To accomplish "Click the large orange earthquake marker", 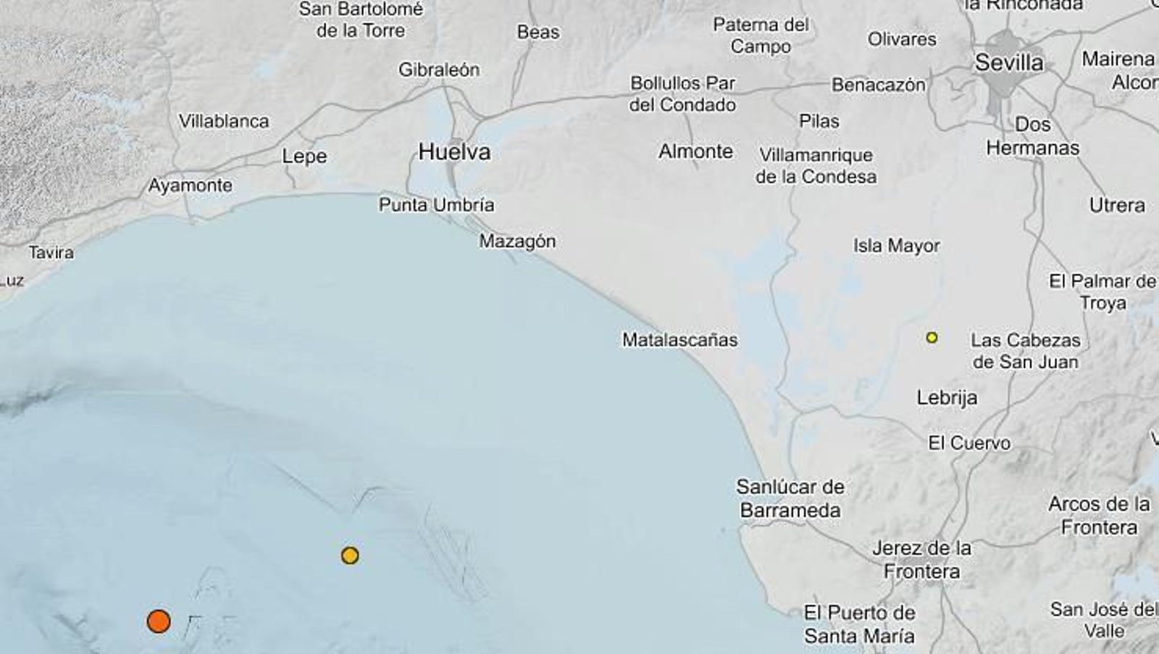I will coord(159,621).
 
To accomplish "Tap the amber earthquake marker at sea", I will coord(350,556).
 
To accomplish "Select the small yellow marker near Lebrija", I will coord(932,338).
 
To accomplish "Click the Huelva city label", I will coord(454,152).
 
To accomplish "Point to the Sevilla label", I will coord(1009,63).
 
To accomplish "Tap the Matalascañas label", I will coord(679,340).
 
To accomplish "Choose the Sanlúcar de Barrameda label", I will coord(790,498).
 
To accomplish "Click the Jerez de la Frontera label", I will coord(921,560).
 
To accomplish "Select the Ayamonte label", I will coord(191,185).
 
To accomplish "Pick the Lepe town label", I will coord(304,156).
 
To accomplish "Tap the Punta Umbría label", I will coord(436,205).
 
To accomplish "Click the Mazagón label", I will coord(517,241).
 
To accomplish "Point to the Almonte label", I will coord(695,151).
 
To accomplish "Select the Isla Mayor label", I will coord(896,246).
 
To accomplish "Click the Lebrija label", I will coord(947,398).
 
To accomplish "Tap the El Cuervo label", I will coord(969,443).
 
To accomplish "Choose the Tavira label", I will coord(51,253).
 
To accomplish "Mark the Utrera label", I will coord(1117,206).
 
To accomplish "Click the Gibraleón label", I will coord(439,70).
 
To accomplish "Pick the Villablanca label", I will coord(224,121).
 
